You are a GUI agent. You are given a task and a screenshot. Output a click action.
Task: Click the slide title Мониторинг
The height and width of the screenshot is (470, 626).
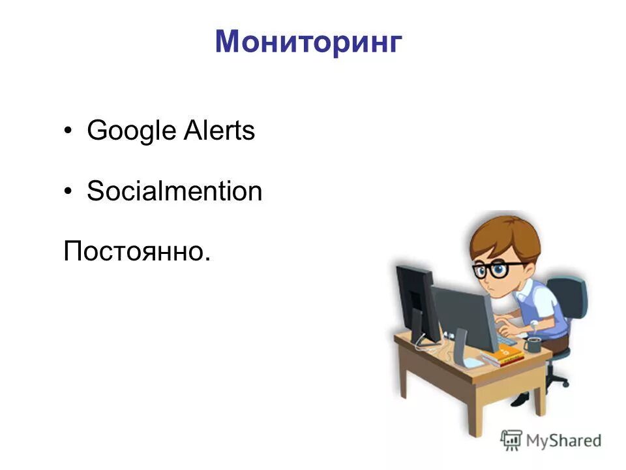click(308, 42)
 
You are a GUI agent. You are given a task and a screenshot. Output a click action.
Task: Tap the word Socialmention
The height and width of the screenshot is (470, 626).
click(174, 191)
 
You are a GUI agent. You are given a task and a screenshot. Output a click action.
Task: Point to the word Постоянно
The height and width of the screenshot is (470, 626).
click(137, 251)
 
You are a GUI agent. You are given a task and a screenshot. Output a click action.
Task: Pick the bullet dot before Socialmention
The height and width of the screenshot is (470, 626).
click(68, 192)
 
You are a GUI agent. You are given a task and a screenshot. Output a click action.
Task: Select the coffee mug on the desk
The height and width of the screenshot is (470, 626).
click(533, 344)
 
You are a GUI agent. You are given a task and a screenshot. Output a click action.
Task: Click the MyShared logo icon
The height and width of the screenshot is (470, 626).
click(512, 441)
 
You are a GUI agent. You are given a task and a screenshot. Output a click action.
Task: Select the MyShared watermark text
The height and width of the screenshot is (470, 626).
click(563, 441)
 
